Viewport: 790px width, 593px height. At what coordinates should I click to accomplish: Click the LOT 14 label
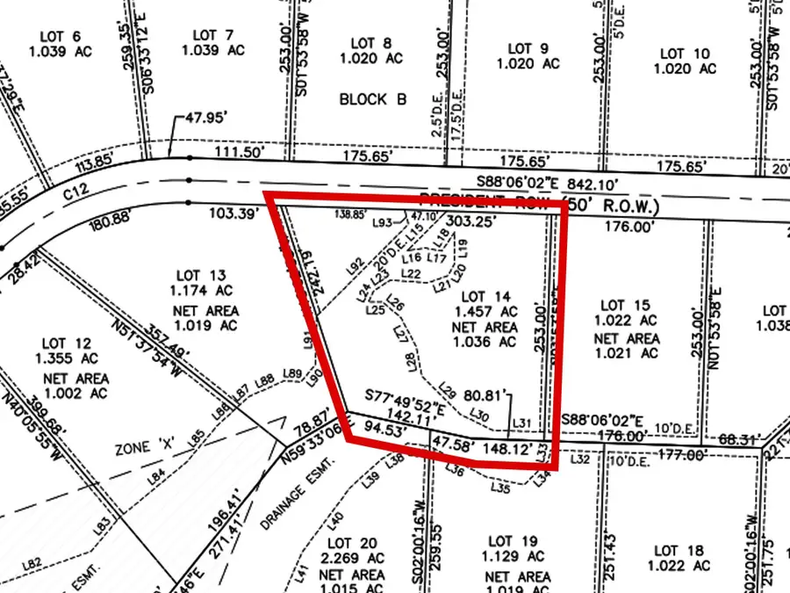(x=485, y=296)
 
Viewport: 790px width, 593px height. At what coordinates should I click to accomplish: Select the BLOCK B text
(x=373, y=99)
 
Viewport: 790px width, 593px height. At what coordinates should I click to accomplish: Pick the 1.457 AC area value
(x=485, y=312)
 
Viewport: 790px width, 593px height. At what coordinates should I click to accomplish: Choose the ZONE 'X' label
(x=140, y=448)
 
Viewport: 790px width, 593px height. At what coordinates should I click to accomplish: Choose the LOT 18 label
(x=679, y=551)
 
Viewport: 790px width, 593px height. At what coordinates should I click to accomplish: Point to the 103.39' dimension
(x=232, y=213)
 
